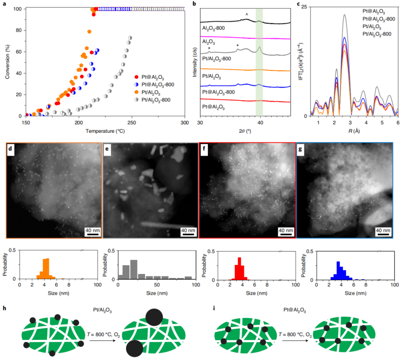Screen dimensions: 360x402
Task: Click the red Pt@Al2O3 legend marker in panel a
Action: point(137,77)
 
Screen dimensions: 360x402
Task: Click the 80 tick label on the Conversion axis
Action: point(18,30)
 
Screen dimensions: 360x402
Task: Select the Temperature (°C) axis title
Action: point(105,131)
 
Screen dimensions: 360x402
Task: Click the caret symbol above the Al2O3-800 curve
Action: point(246,15)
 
